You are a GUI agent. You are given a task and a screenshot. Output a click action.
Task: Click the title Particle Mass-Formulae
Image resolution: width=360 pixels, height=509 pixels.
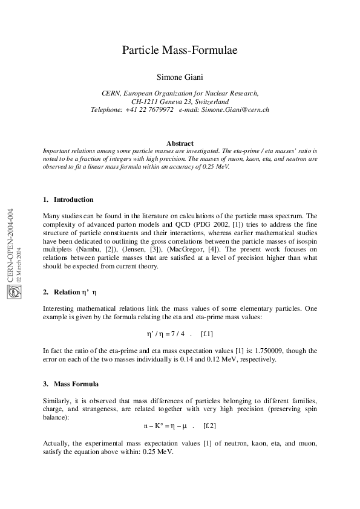[180, 50]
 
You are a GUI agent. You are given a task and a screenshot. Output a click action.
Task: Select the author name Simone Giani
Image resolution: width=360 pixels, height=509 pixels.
[180, 77]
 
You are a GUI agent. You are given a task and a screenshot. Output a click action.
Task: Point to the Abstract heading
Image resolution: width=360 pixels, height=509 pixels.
[180, 143]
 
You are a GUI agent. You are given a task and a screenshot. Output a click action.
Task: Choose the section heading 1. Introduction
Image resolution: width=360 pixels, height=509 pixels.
[68, 199]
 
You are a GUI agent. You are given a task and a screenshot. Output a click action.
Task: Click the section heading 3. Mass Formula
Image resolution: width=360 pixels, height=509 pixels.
[71, 384]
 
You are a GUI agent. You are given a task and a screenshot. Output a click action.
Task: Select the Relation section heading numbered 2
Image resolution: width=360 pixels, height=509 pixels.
[70, 293]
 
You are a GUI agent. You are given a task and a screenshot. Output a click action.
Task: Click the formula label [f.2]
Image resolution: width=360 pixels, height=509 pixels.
[210, 426]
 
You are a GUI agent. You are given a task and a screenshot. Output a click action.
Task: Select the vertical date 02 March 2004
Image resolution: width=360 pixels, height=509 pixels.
[19, 265]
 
